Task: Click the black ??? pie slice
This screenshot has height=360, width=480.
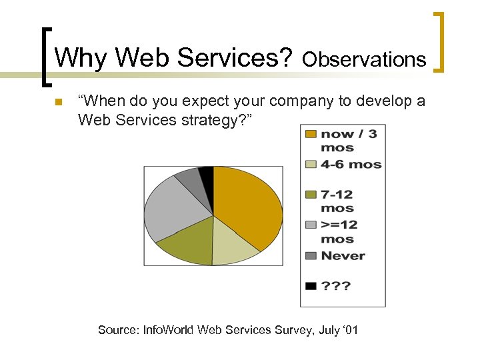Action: pyautogui.click(x=207, y=173)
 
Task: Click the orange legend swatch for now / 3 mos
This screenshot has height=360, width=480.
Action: pyautogui.click(x=311, y=135)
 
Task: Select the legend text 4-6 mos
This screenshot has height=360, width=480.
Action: pyautogui.click(x=351, y=164)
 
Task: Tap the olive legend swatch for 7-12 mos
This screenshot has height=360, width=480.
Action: pyautogui.click(x=311, y=195)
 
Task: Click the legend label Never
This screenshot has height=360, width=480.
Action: pyautogui.click(x=343, y=255)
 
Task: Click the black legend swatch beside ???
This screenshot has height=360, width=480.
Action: pyautogui.click(x=311, y=286)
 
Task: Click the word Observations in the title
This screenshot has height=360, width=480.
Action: pyautogui.click(x=364, y=60)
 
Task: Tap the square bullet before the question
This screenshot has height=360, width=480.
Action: pyautogui.click(x=58, y=102)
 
